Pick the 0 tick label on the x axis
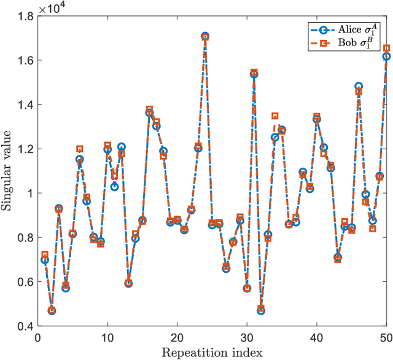click(37, 338)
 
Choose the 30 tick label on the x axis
click(247, 338)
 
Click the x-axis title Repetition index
click(212, 352)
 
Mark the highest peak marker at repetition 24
click(205, 37)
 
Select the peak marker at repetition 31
click(254, 74)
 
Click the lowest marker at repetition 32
click(261, 310)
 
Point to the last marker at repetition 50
click(386, 55)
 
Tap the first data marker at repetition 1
click(44, 259)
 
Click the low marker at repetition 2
click(52, 310)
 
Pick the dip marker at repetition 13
click(128, 283)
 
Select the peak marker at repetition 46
click(359, 87)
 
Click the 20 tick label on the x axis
click(177, 338)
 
